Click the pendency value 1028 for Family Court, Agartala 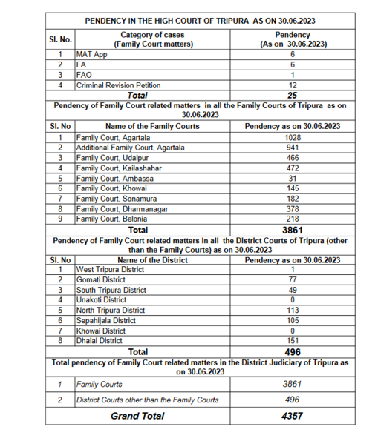click(293, 137)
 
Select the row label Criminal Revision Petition click(113, 85)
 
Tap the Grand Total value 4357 click(293, 416)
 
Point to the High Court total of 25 click(293, 96)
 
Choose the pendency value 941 click(293, 148)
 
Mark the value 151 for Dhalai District click(293, 341)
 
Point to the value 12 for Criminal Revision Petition click(293, 85)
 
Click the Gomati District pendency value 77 click(293, 279)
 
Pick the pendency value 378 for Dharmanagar click(293, 210)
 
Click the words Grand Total click(137, 416)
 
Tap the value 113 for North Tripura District click(293, 310)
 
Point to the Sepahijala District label click(106, 320)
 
